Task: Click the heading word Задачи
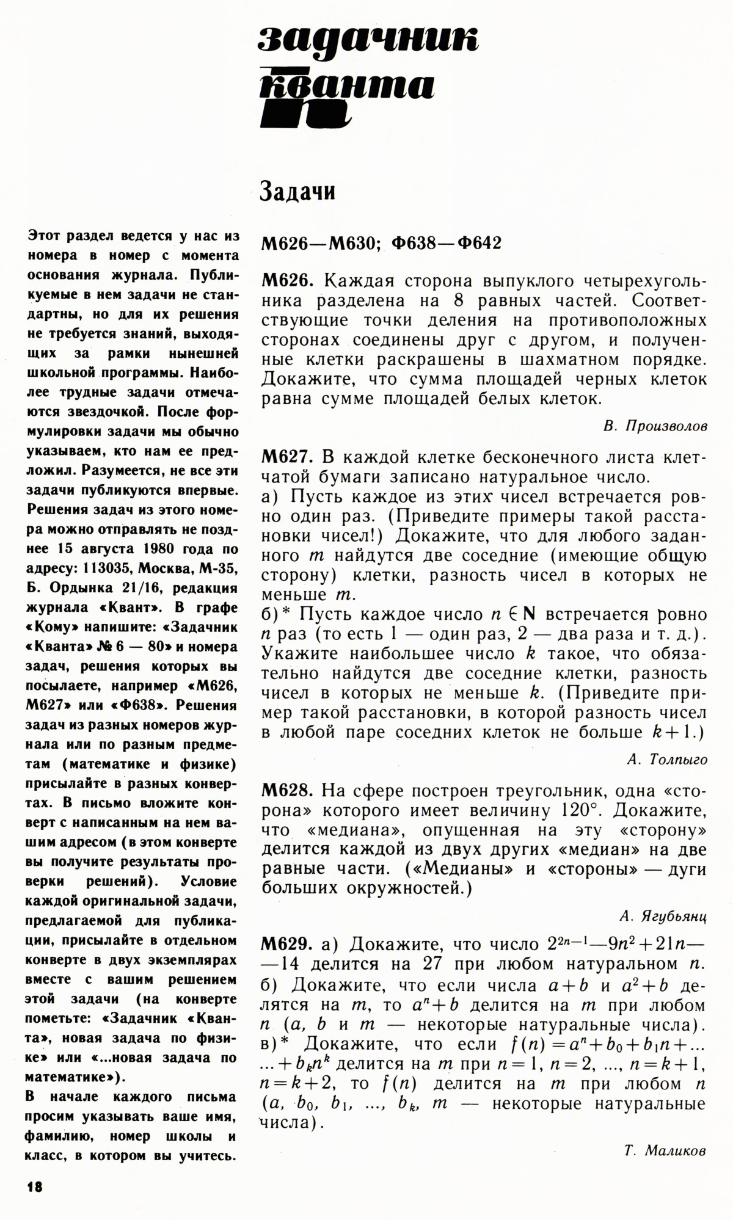click(297, 192)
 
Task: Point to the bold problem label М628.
click(287, 791)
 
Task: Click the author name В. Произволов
click(655, 426)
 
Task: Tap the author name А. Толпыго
click(667, 760)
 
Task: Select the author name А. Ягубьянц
click(663, 916)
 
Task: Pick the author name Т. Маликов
click(665, 1151)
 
